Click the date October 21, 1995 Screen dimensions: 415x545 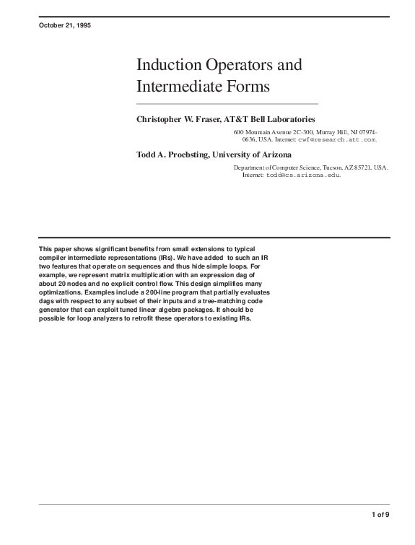[64, 25]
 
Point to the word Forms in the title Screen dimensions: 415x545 [248, 87]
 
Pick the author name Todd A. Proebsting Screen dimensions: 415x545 [175, 154]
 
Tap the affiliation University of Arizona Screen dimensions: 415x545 [255, 154]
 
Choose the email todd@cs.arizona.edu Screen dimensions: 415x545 [302, 175]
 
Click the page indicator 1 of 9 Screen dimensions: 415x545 [380, 514]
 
